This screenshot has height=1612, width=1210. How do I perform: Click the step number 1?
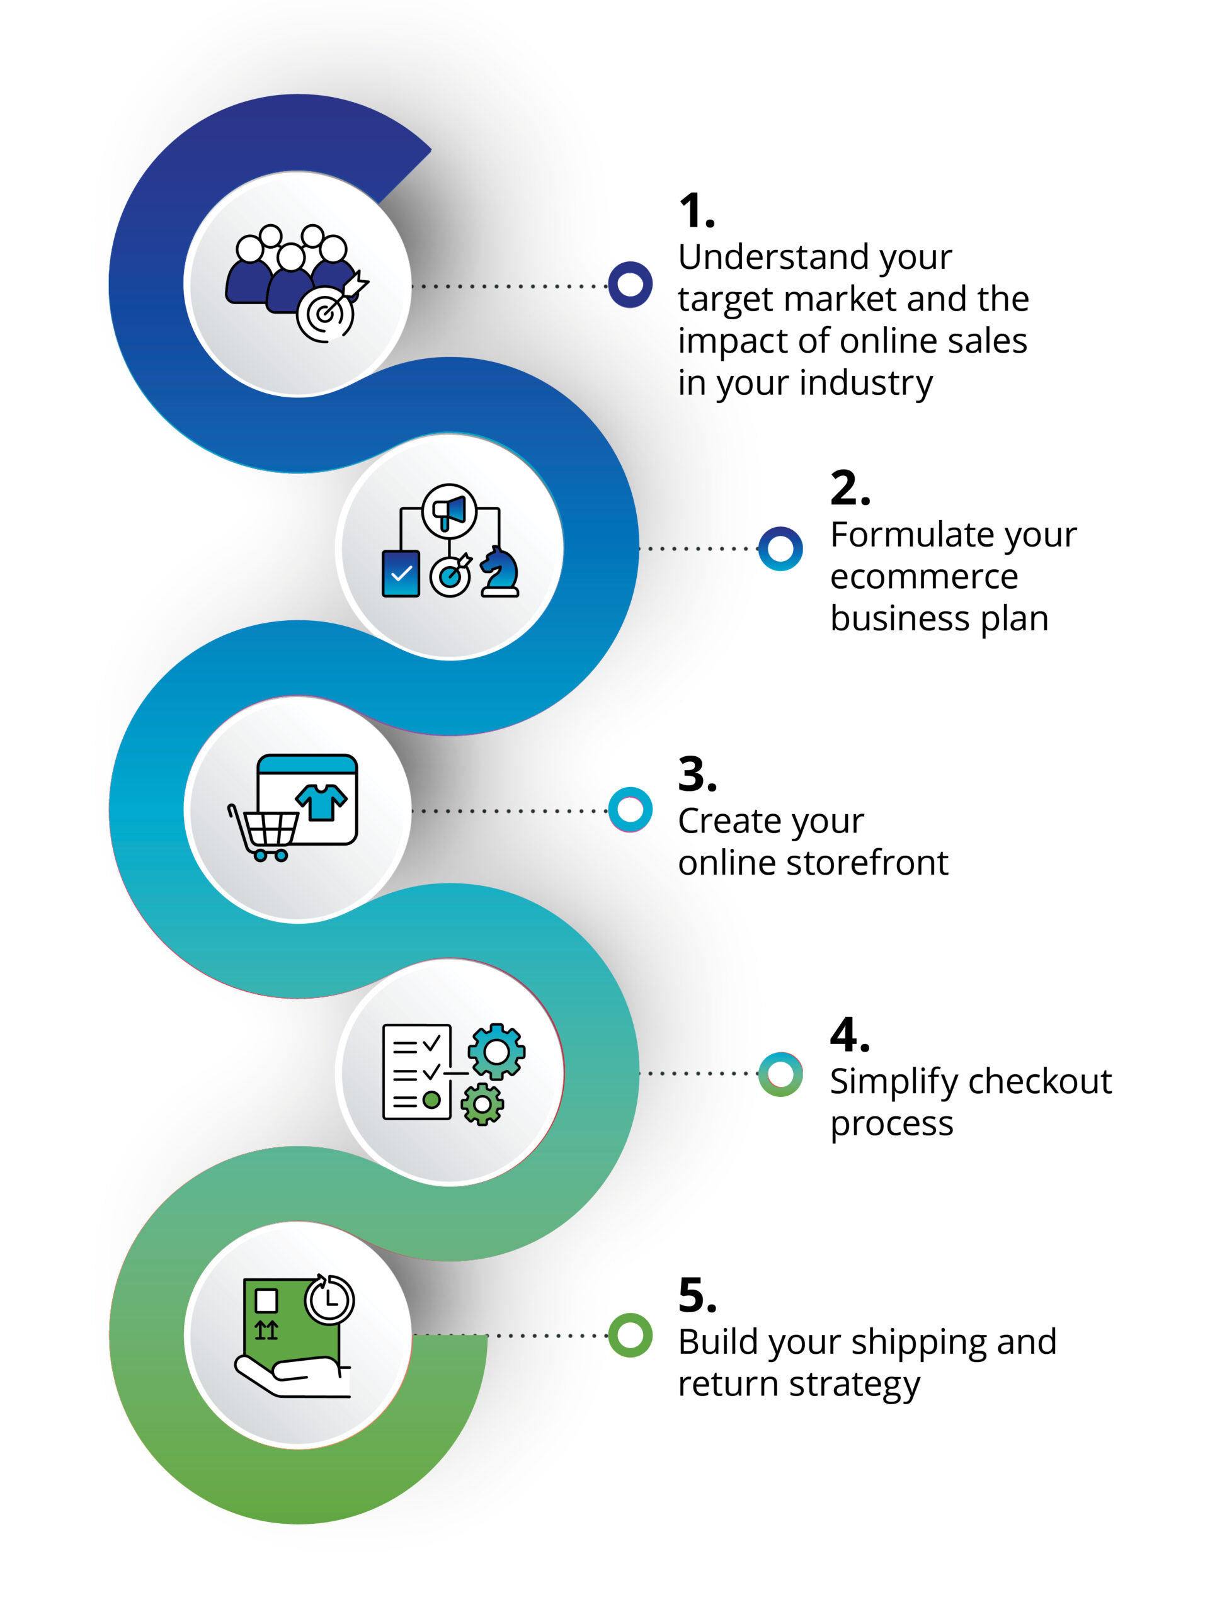696,212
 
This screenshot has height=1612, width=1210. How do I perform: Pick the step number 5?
697,1295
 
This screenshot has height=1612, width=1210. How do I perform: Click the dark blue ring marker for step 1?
630,285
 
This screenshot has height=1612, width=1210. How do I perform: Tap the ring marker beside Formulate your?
780,548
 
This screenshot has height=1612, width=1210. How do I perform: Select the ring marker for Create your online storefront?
630,809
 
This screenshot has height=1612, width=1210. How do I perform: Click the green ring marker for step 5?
630,1335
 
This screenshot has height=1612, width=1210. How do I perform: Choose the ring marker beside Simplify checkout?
780,1074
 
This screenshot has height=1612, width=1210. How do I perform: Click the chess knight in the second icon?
499,573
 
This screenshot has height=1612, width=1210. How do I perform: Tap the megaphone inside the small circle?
450,511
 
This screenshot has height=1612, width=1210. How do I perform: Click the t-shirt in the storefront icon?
321,802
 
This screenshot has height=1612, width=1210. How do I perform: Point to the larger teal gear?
496,1051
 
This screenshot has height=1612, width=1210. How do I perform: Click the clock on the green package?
329,1298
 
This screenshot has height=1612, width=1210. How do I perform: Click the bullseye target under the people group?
325,314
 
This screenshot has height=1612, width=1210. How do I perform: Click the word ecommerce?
923,577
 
